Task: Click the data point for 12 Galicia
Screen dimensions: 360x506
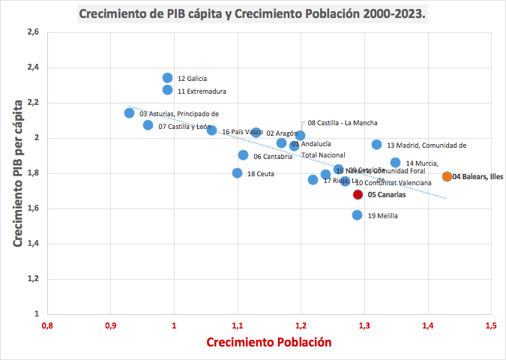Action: pyautogui.click(x=168, y=78)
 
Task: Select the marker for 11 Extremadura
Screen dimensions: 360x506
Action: pyautogui.click(x=168, y=90)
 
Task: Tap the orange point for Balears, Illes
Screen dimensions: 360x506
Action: pyautogui.click(x=448, y=177)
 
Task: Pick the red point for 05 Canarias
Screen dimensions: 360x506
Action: pyautogui.click(x=358, y=194)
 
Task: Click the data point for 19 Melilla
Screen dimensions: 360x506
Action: pyautogui.click(x=358, y=215)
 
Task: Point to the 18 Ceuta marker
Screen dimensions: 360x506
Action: pyautogui.click(x=238, y=173)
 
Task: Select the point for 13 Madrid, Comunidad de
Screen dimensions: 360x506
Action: pyautogui.click(x=377, y=145)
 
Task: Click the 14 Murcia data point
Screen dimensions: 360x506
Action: pyautogui.click(x=396, y=162)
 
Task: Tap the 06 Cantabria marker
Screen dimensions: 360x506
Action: pyautogui.click(x=244, y=155)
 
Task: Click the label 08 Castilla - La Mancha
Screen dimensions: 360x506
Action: pyautogui.click(x=343, y=122)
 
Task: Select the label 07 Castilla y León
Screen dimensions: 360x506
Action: pyautogui.click(x=184, y=127)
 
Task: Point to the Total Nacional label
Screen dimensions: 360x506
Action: pyautogui.click(x=323, y=155)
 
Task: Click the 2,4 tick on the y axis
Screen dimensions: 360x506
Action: pyautogui.click(x=33, y=67)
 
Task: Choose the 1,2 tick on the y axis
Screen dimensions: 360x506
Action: pyautogui.click(x=33, y=279)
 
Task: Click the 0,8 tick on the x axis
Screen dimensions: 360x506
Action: pyautogui.click(x=47, y=326)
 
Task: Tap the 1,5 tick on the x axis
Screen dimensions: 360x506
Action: pyautogui.click(x=491, y=326)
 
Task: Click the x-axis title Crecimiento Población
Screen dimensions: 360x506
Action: pyautogui.click(x=269, y=343)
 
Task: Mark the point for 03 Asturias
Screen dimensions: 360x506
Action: pyautogui.click(x=130, y=113)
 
